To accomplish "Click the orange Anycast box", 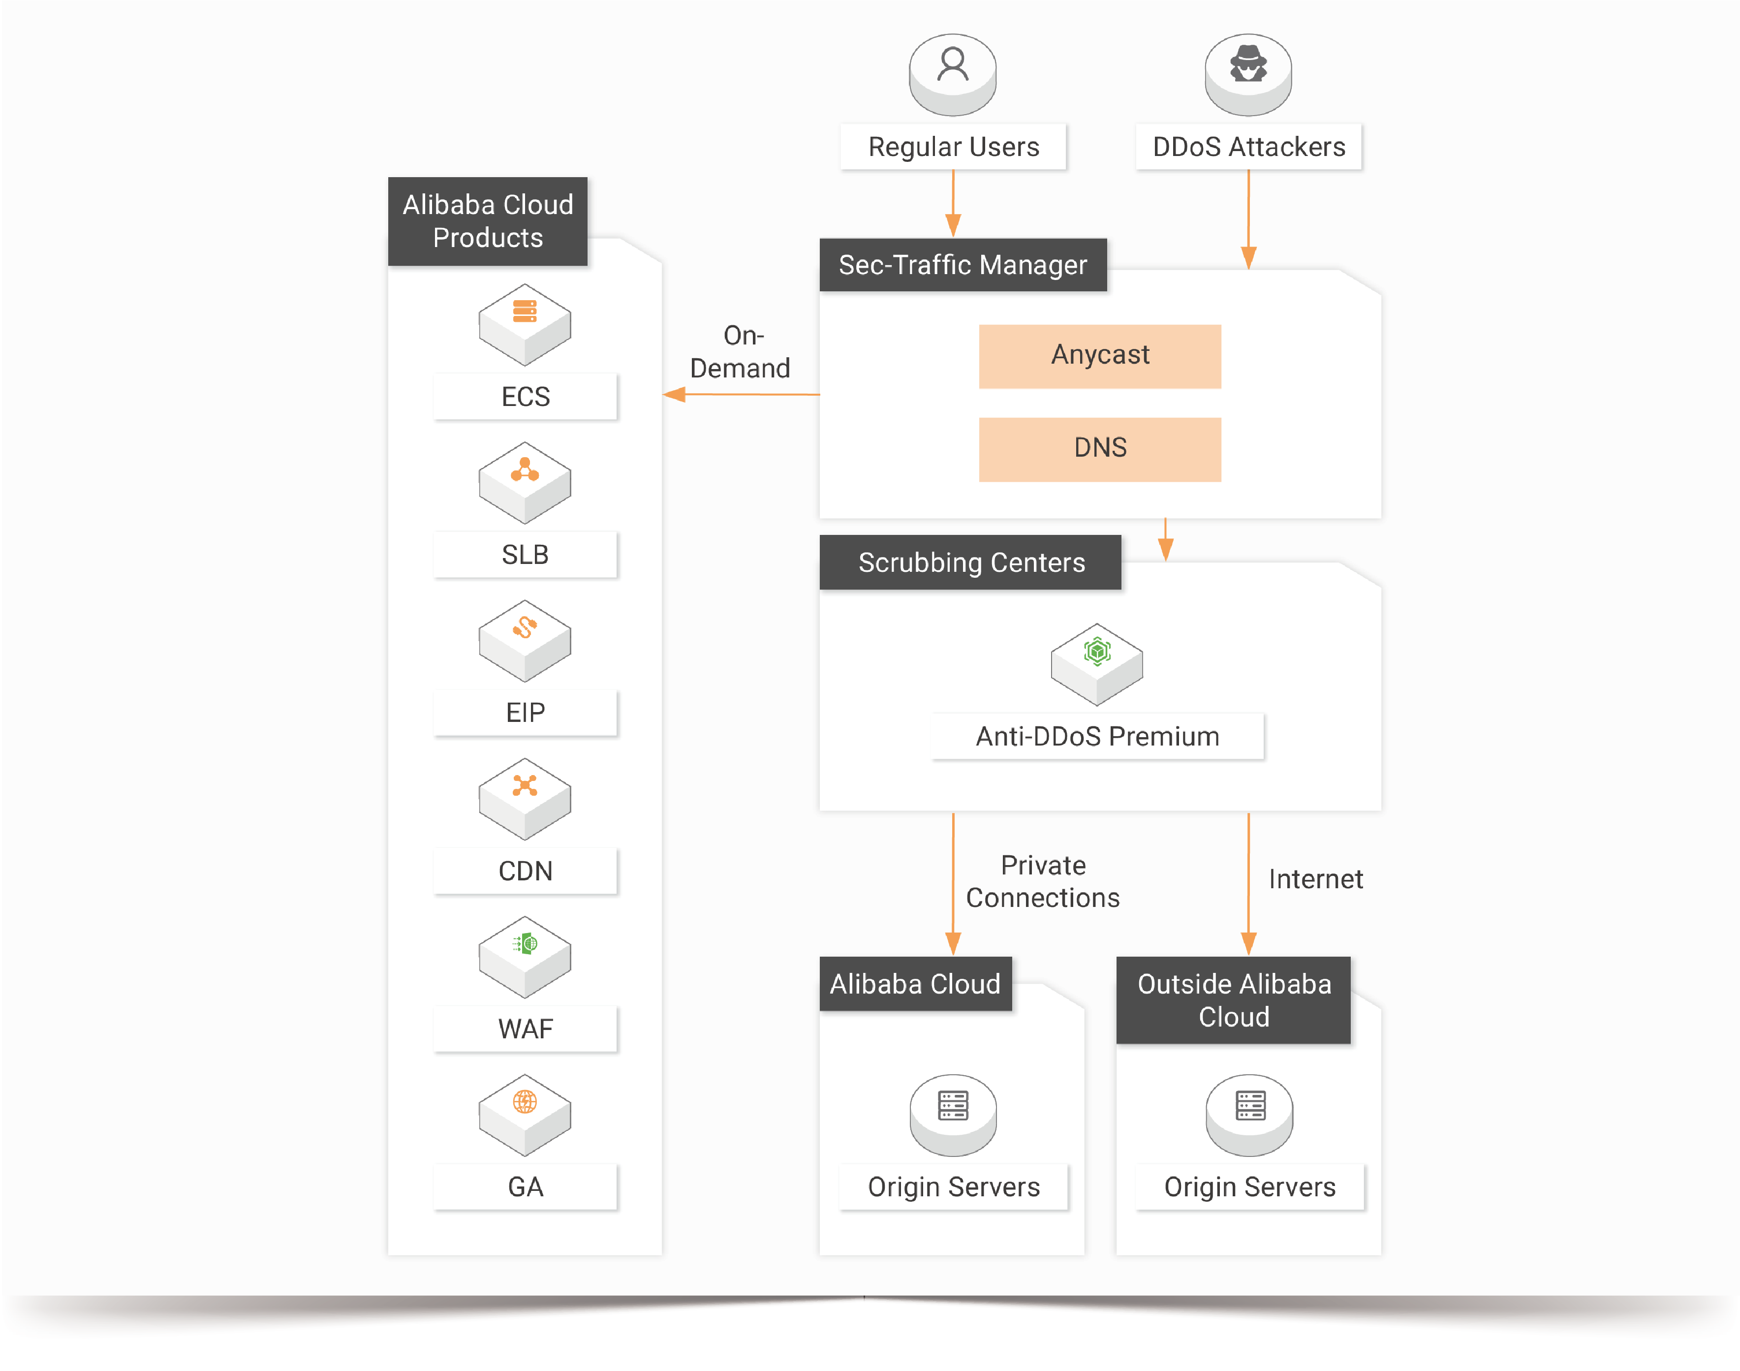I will pyautogui.click(x=1099, y=356).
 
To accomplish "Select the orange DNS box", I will pyautogui.click(x=1099, y=449).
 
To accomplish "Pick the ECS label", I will pyautogui.click(x=525, y=397).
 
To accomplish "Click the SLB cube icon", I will pyautogui.click(x=525, y=482).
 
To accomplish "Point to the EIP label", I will pyautogui.click(x=525, y=713).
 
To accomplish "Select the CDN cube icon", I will pyautogui.click(x=525, y=798).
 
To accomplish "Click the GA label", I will pyautogui.click(x=525, y=1186).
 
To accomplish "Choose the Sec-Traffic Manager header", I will pyautogui.click(x=963, y=265).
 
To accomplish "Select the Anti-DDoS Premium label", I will pyautogui.click(x=1097, y=736).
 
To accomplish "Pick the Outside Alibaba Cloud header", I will pyautogui.click(x=1234, y=1000).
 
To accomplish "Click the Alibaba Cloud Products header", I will pyautogui.click(x=488, y=221).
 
